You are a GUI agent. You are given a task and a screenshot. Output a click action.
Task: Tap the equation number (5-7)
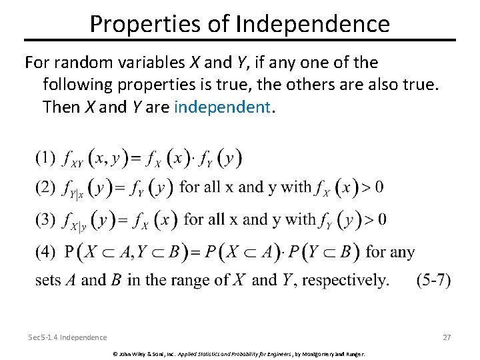click(433, 280)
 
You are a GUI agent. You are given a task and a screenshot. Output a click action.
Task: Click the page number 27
click(447, 337)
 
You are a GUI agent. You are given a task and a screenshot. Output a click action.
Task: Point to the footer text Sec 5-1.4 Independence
click(67, 337)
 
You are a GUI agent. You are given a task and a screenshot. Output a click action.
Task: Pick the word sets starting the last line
click(48, 281)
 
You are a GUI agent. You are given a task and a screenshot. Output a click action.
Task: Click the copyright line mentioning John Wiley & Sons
click(239, 353)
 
